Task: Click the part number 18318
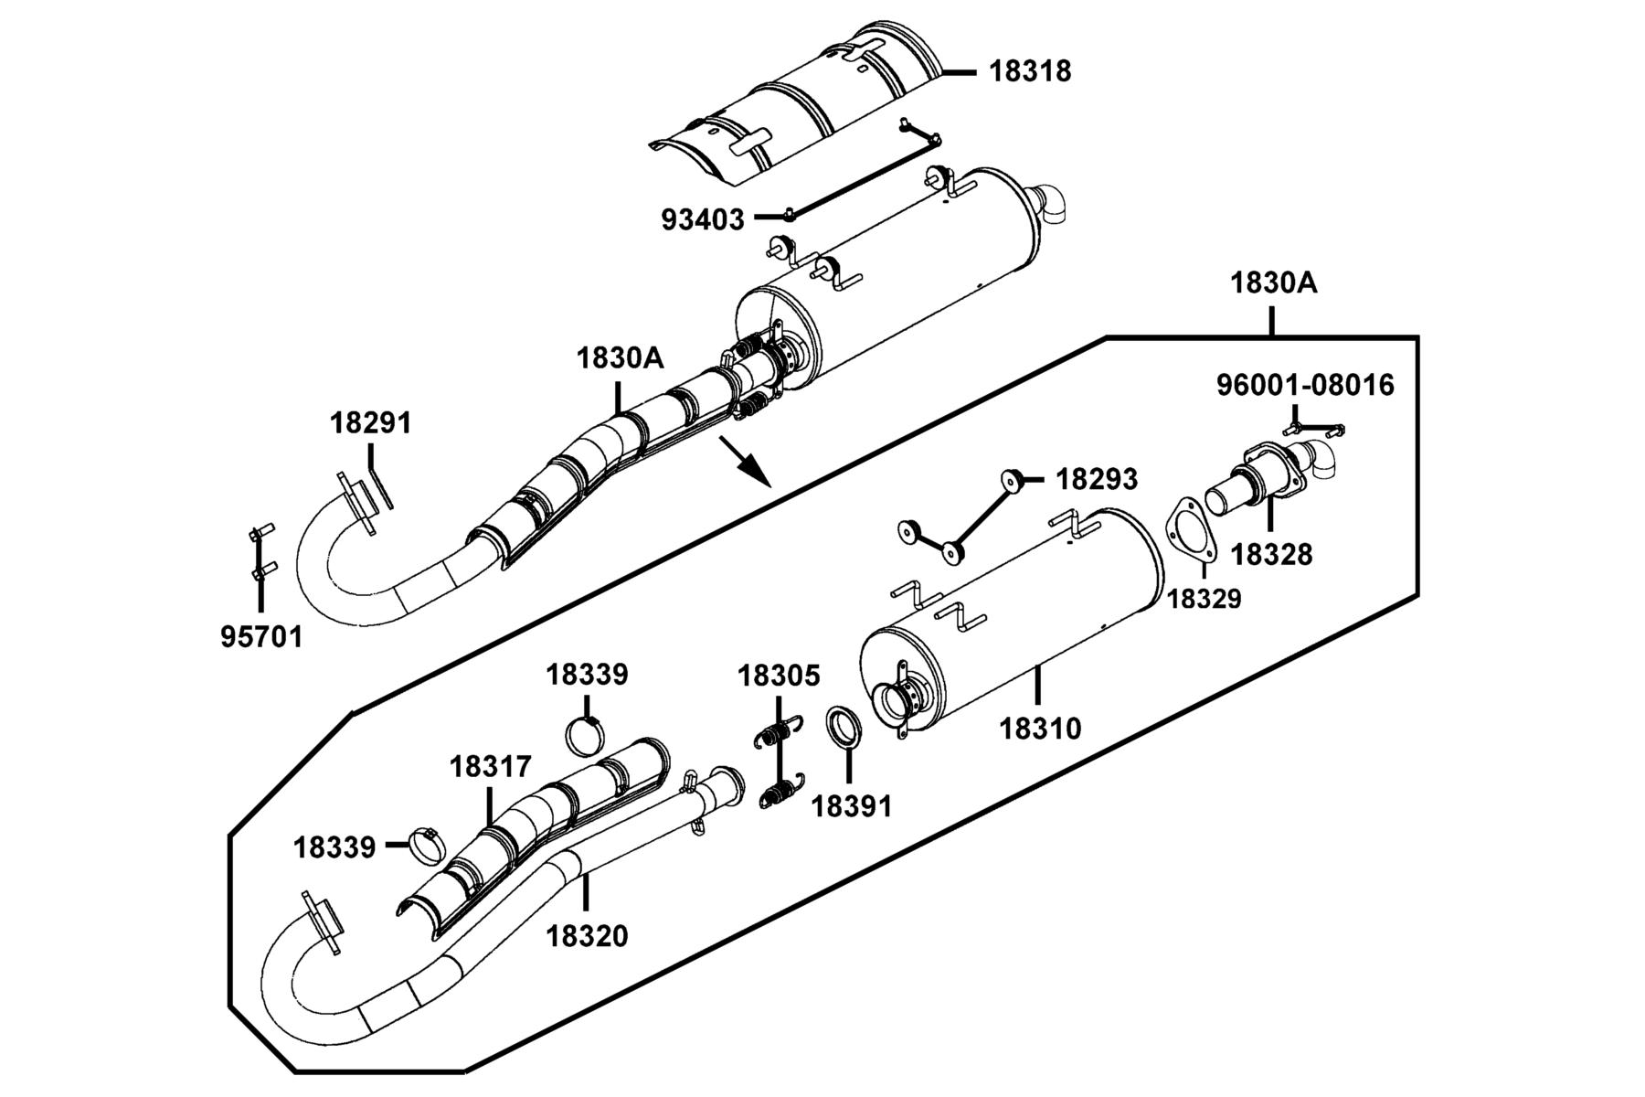click(x=1030, y=71)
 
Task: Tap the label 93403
click(x=703, y=219)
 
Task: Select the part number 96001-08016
click(x=1305, y=386)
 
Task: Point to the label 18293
click(x=1097, y=479)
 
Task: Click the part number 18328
click(x=1271, y=554)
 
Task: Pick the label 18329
click(x=1205, y=600)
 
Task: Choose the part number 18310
click(x=1040, y=729)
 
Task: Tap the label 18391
click(x=852, y=806)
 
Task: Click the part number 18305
click(x=779, y=676)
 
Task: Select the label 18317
click(x=490, y=767)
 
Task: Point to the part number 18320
click(x=587, y=936)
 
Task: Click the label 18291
click(x=370, y=423)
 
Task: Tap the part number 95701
click(x=261, y=636)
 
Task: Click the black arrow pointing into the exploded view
click(x=746, y=462)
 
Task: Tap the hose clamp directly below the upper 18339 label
click(x=586, y=737)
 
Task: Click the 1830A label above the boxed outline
click(x=1273, y=283)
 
